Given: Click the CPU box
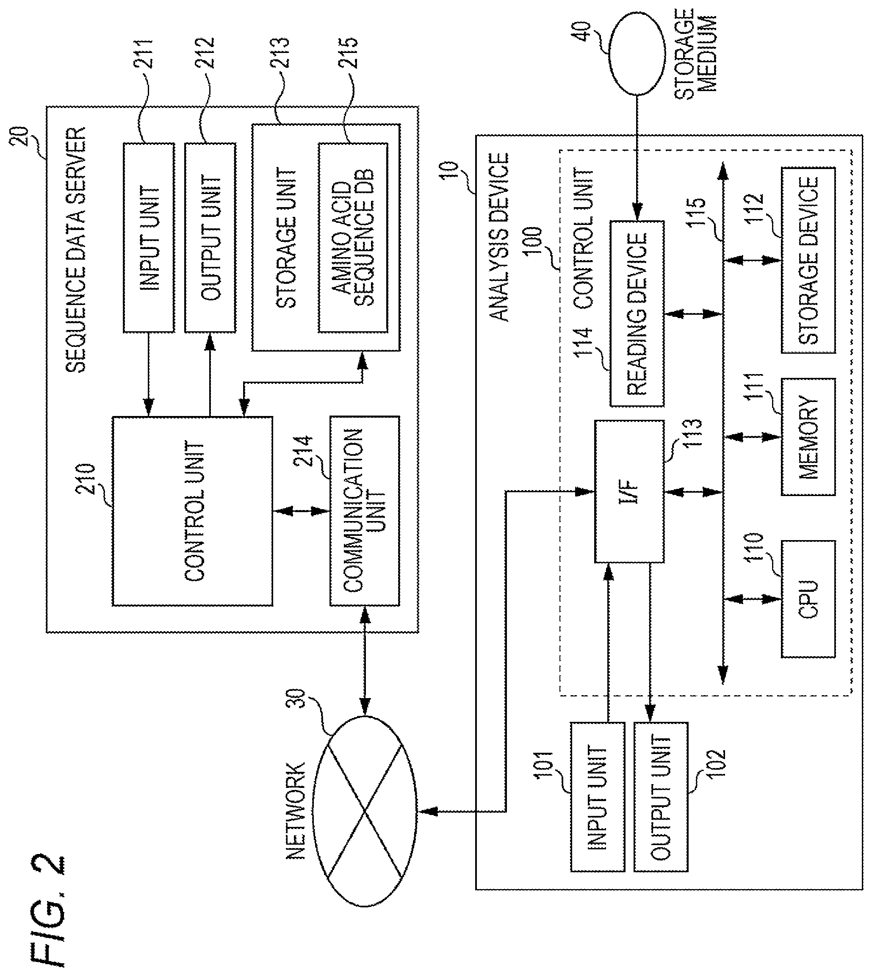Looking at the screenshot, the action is pos(808,599).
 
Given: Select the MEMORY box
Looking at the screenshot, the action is pos(808,436).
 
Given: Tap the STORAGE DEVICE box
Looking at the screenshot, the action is pos(808,260).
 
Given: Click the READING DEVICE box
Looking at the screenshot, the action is pos(637,314).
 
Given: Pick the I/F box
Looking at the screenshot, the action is pos(629,491).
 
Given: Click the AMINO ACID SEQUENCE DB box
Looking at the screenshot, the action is pos(353,238).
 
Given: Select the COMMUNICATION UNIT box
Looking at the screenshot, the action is pos(365,511).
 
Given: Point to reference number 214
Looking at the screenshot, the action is pos(303,450).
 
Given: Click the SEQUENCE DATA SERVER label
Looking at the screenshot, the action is pos(75,250).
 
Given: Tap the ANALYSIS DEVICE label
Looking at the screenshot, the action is pos(499,237).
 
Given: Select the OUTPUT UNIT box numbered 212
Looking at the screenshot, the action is pos(210,238).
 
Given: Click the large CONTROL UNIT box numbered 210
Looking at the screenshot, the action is pos(192,511).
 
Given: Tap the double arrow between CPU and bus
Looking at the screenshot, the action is pos(752,599).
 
